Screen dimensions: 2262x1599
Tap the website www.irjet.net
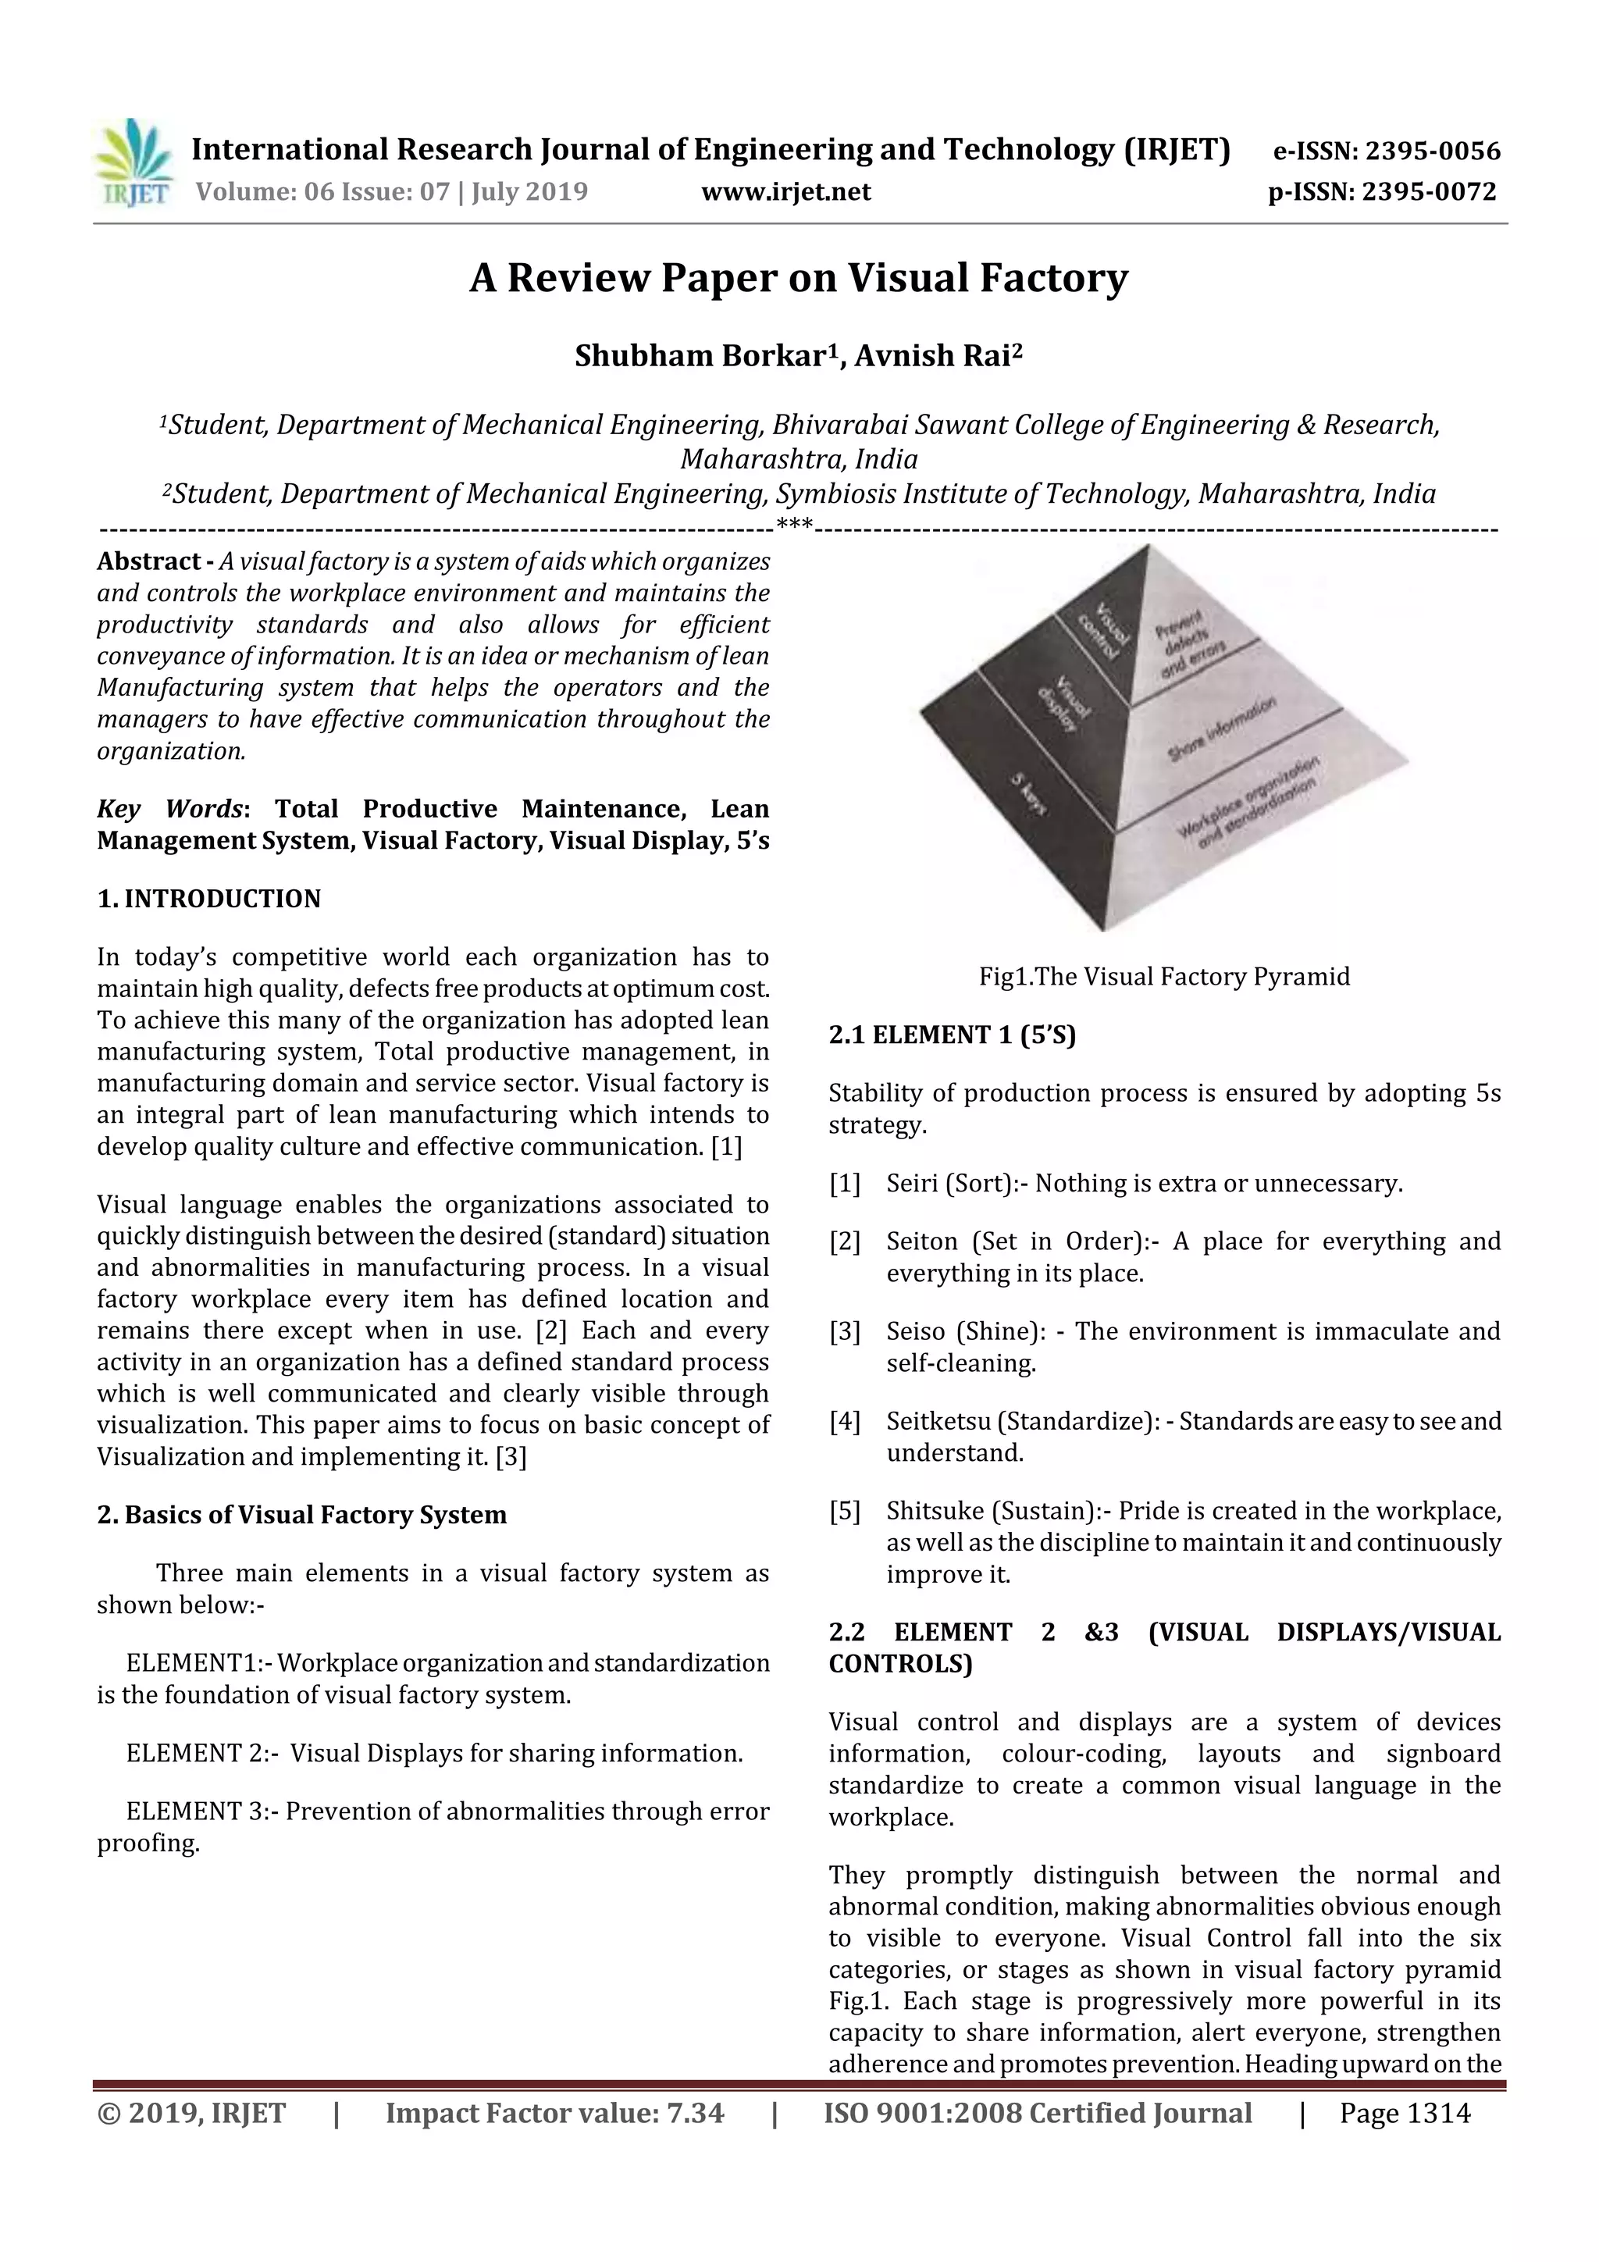tap(785, 191)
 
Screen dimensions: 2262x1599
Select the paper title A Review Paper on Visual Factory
tap(798, 279)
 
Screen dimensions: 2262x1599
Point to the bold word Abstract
tap(148, 561)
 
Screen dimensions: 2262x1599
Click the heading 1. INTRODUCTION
tap(209, 899)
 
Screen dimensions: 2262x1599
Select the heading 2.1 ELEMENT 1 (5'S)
tap(952, 1035)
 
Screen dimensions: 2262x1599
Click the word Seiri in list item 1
tap(911, 1183)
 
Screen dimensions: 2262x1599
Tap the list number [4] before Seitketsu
tap(844, 1422)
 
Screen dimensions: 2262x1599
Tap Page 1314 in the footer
tap(1404, 2112)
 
